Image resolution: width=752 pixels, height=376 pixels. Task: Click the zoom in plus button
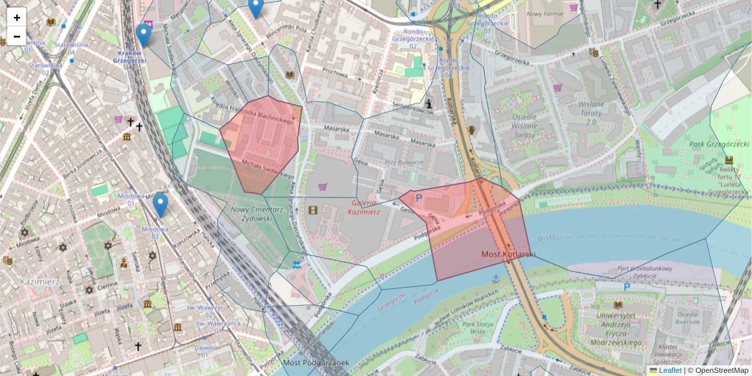pos(17,18)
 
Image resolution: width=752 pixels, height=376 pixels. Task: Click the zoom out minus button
pos(17,36)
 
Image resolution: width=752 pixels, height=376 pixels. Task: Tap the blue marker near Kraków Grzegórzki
pos(144,35)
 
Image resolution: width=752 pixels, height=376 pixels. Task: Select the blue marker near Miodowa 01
pos(160,205)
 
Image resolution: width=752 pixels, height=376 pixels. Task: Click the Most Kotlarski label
pos(508,254)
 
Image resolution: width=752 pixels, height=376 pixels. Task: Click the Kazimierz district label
pos(39,281)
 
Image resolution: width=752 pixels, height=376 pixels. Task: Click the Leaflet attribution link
pos(670,370)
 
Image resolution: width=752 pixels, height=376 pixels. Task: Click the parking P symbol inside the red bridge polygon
pos(419,198)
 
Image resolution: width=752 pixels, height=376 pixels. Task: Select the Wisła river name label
pos(546,238)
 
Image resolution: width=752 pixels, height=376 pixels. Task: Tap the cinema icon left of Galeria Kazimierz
pos(313,209)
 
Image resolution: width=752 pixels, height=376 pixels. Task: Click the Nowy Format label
pos(544,13)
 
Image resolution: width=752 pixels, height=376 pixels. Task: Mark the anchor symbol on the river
pos(495,278)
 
